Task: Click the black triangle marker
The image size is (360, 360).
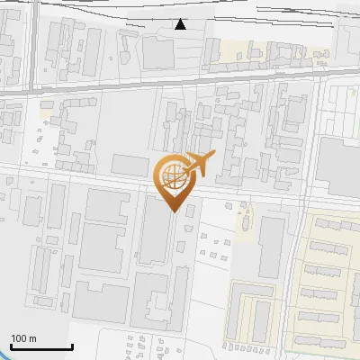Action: tap(181, 24)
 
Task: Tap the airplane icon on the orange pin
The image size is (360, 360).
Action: tap(197, 162)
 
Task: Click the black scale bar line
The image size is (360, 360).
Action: tap(41, 346)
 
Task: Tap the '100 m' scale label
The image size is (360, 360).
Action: tap(24, 338)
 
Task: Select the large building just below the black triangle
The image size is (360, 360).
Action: tap(158, 53)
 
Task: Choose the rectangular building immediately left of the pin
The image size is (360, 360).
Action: tap(130, 163)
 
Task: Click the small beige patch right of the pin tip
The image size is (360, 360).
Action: tap(243, 221)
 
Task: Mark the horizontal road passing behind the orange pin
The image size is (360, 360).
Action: tap(90, 185)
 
